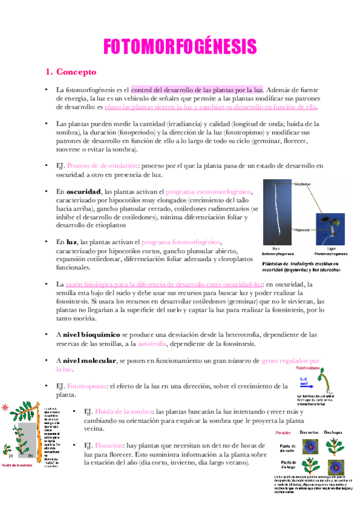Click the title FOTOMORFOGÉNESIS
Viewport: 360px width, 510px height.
pyautogui.click(x=180, y=47)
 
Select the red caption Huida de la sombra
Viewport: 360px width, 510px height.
pyautogui.click(x=19, y=464)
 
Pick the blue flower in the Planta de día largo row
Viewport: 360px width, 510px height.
pyautogui.click(x=334, y=465)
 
